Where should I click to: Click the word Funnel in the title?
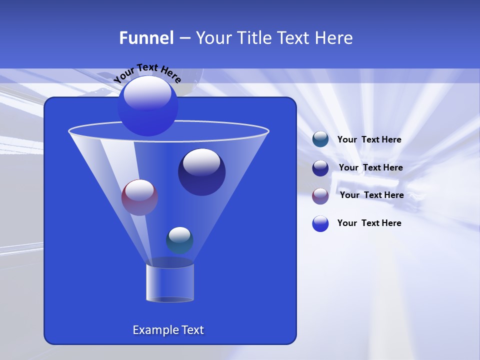146,38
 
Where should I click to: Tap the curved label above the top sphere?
147,73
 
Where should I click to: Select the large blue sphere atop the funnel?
148,106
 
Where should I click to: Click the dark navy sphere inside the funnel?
202,172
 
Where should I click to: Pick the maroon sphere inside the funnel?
139,197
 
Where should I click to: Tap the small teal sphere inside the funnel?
179,240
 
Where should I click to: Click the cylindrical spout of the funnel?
169,282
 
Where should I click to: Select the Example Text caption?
168,330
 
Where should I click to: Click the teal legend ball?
320,139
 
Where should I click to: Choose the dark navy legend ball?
320,167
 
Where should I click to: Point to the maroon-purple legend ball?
320,195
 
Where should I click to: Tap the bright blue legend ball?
320,223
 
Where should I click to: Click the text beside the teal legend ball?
369,140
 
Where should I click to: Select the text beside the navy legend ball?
370,168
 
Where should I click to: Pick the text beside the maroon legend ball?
371,195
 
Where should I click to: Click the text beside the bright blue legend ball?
369,223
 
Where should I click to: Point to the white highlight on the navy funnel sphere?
201,162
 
